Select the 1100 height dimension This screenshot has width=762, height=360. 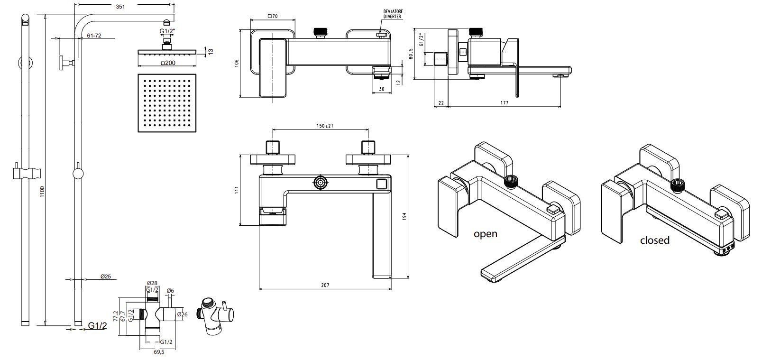[x=42, y=191]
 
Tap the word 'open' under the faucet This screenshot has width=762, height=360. [x=486, y=234]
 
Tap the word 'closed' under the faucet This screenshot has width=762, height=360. [x=654, y=240]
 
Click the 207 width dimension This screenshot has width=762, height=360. [x=325, y=285]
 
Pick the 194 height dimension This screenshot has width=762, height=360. [x=404, y=216]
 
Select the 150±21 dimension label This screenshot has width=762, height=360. [x=325, y=126]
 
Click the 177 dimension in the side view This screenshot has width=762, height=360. [x=504, y=103]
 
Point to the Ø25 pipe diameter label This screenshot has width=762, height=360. [x=105, y=277]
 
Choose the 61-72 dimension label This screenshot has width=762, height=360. [x=94, y=36]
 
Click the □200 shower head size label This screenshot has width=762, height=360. [x=167, y=63]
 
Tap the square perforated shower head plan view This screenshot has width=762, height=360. [x=167, y=103]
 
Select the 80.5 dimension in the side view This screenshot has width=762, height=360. [x=411, y=54]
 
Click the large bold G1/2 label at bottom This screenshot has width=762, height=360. [x=98, y=325]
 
